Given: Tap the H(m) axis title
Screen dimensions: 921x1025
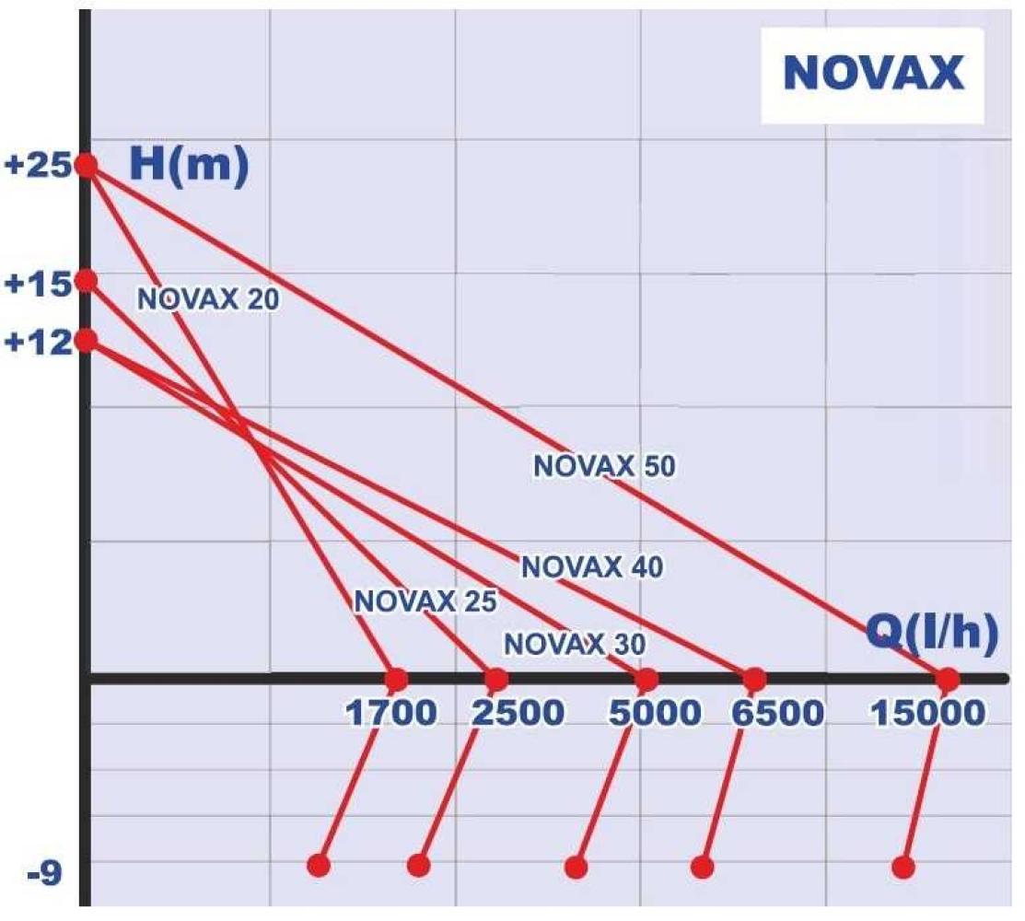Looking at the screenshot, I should click(x=189, y=166).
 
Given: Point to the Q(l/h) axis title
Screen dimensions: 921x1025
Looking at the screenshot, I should click(x=932, y=635).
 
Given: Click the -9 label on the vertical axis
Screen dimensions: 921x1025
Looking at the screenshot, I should click(x=43, y=870).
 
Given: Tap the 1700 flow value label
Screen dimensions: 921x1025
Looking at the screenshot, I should click(x=390, y=713).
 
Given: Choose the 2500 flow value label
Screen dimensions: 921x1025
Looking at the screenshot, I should click(x=518, y=713).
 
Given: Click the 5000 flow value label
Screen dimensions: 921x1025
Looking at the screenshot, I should click(x=655, y=713).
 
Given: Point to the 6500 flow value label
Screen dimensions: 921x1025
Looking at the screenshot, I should click(x=777, y=713).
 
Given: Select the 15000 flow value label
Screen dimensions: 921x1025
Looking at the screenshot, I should click(x=927, y=713).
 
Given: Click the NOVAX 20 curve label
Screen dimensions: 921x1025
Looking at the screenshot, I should click(x=207, y=299).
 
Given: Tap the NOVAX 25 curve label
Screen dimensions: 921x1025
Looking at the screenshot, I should click(x=425, y=601).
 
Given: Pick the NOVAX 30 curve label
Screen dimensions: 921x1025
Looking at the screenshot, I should click(x=575, y=643).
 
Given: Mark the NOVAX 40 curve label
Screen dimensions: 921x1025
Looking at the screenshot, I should click(x=591, y=567).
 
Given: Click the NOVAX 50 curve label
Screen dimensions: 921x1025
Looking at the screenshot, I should click(x=604, y=467).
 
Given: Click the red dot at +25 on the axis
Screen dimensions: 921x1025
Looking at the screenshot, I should click(x=86, y=166).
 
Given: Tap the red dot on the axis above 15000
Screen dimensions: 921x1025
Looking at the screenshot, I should click(x=947, y=680).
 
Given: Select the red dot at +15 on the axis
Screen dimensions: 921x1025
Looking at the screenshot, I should click(x=86, y=280).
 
